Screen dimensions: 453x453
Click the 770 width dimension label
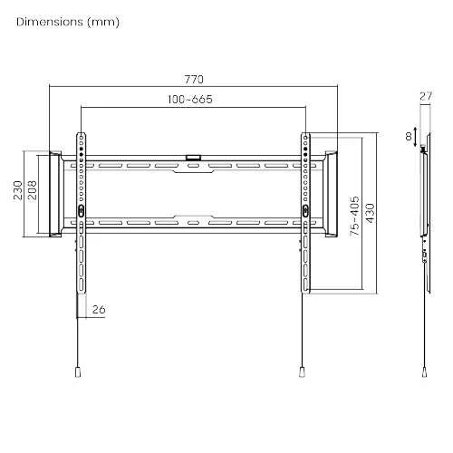pos(194,80)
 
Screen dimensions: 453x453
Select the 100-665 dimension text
pos(190,100)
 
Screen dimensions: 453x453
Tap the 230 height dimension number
pos(18,190)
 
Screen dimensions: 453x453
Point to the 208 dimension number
pos(32,190)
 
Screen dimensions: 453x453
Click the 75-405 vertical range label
pos(354,216)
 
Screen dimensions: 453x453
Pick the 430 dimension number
pos(370,213)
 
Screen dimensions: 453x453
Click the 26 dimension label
pos(99,310)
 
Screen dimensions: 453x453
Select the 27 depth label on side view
pos(426,96)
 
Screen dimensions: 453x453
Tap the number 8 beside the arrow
pos(409,137)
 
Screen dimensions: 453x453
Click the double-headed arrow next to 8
pos(416,136)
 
